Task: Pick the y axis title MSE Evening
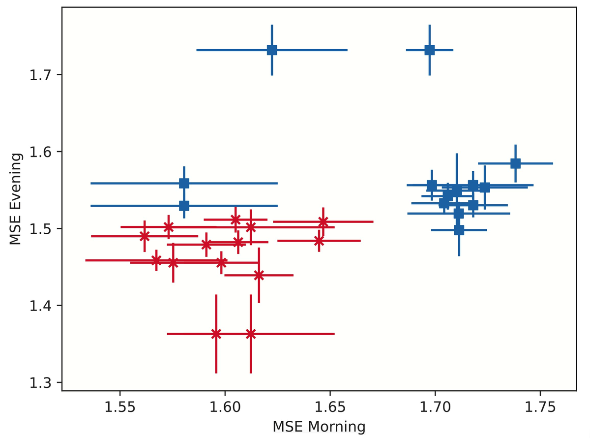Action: [x=15, y=199]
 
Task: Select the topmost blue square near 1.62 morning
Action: [x=272, y=50]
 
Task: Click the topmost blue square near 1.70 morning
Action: [x=429, y=50]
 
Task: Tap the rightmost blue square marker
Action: [x=515, y=163]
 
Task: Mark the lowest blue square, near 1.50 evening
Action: [x=459, y=230]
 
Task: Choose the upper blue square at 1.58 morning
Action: [x=184, y=183]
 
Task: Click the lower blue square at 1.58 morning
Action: [x=184, y=206]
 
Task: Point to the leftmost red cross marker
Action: [x=145, y=236]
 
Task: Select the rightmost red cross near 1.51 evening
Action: [x=323, y=221]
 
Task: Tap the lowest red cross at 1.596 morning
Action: [x=216, y=334]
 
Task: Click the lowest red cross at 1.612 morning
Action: [x=251, y=334]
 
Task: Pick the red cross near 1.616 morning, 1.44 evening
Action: [x=259, y=275]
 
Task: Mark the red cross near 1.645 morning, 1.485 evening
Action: [x=319, y=241]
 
